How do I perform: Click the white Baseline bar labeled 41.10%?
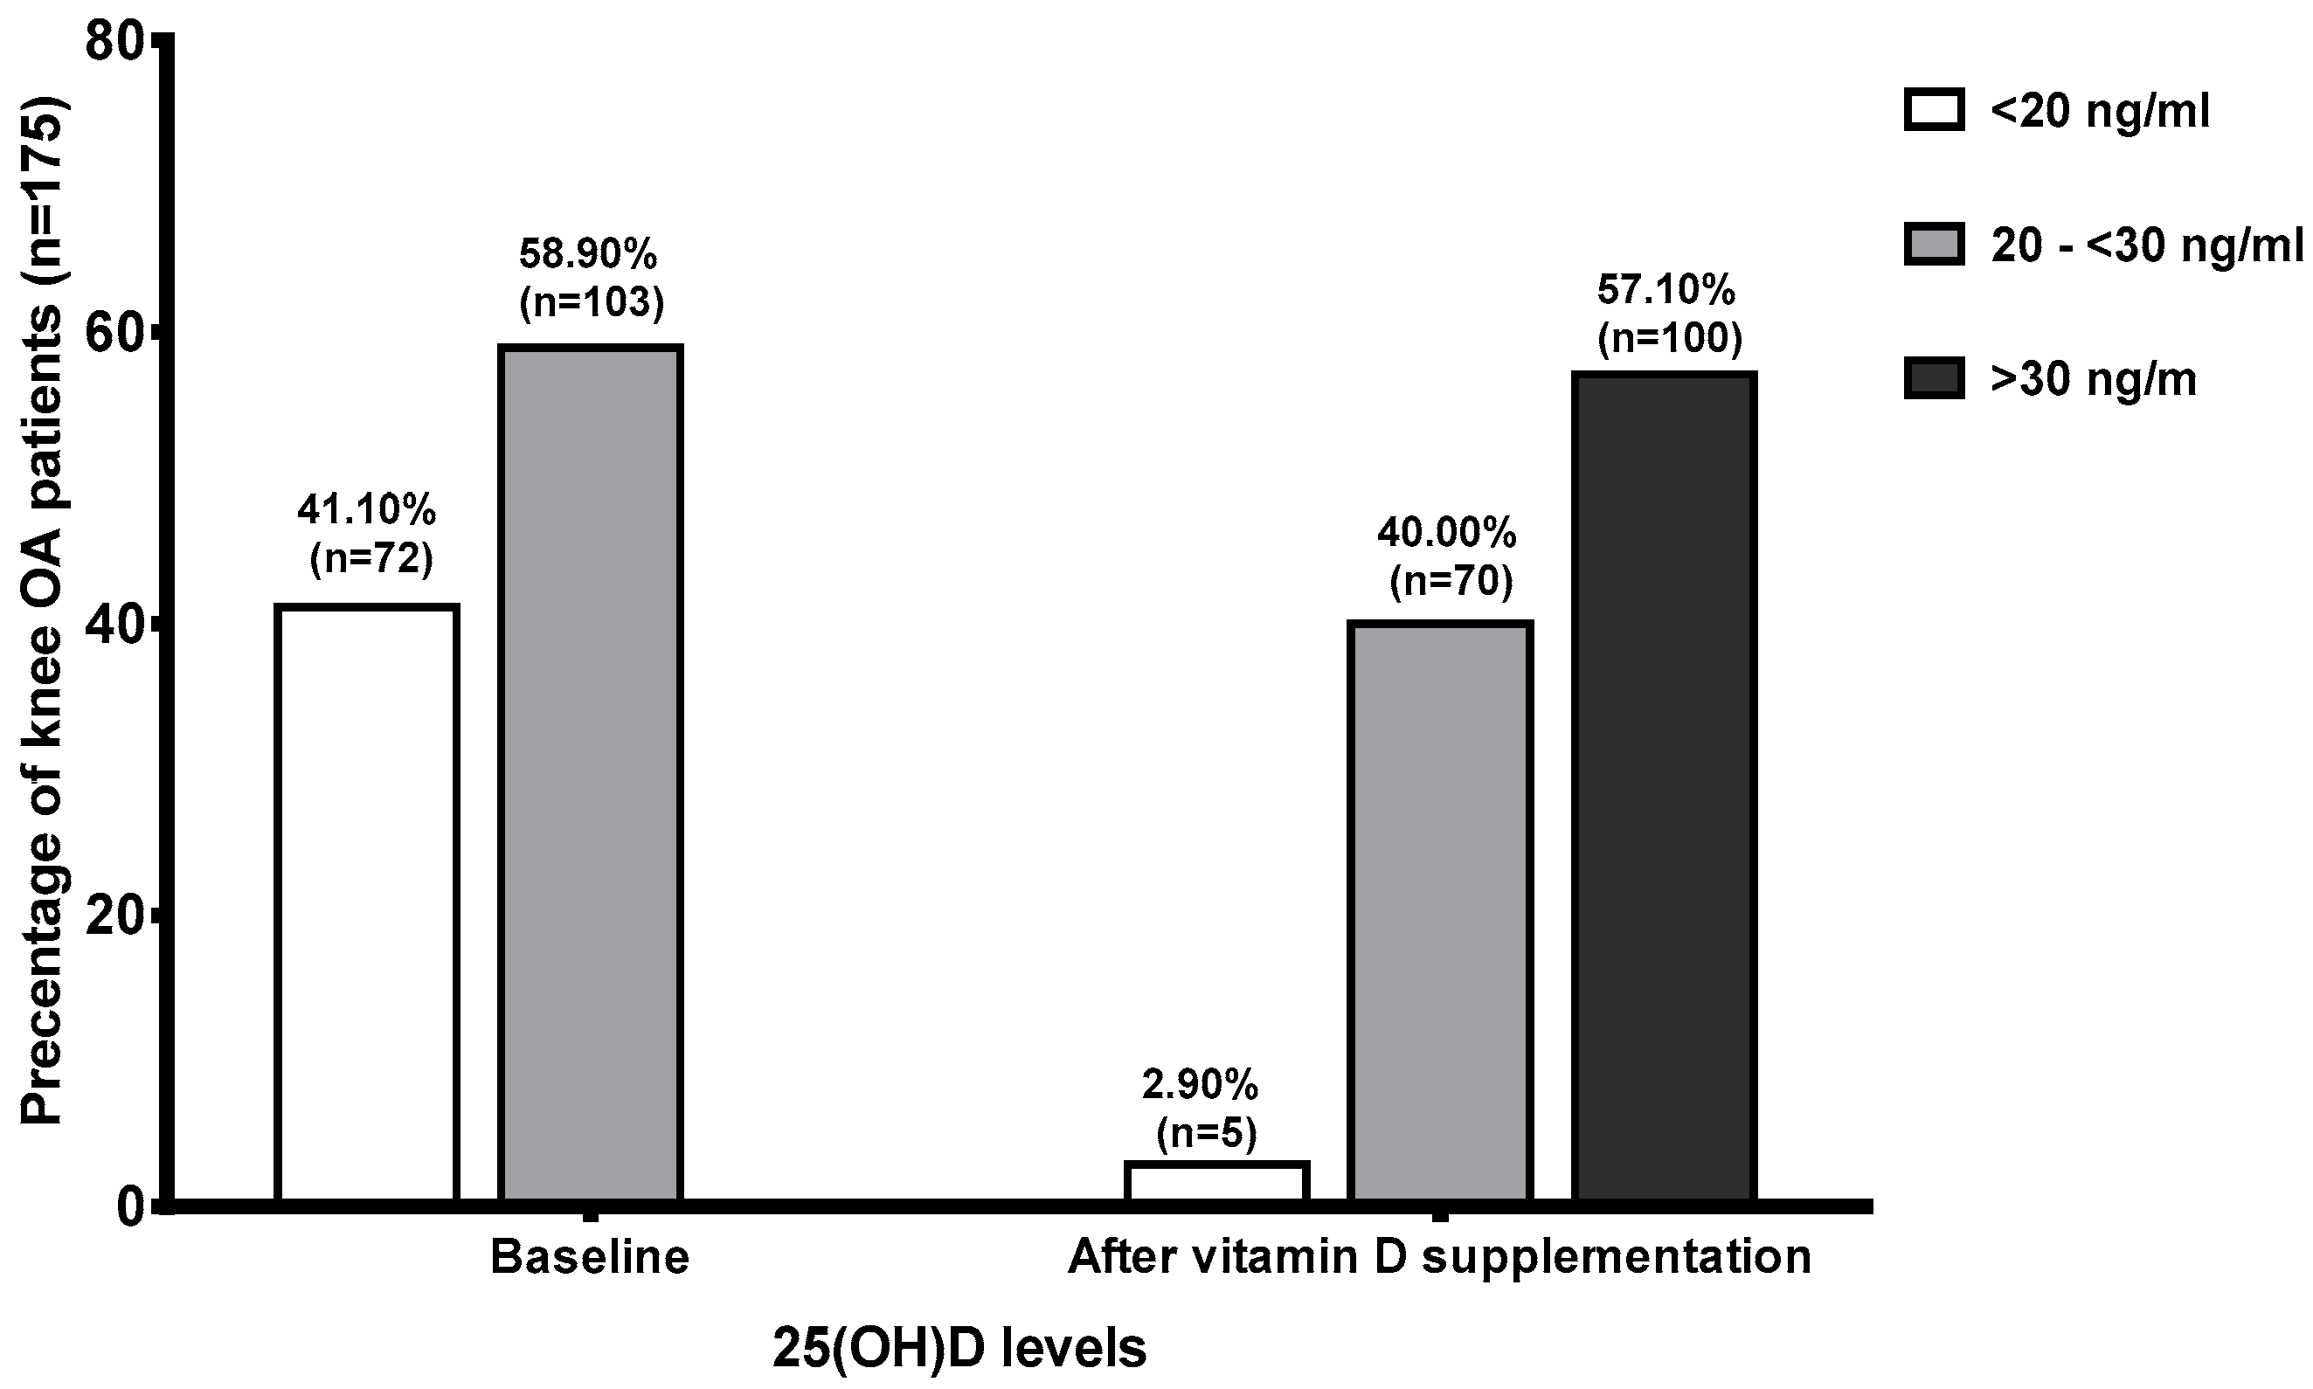tap(367, 903)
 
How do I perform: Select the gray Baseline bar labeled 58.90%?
tap(590, 773)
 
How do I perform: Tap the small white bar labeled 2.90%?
tap(1217, 1181)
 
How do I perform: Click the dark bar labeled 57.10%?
tap(1664, 786)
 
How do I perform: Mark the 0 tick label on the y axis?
tap(131, 1207)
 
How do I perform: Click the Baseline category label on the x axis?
tap(590, 1257)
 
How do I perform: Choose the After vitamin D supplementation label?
tap(1440, 1257)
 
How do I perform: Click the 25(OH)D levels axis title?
tap(959, 1349)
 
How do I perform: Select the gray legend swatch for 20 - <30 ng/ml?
tap(1934, 245)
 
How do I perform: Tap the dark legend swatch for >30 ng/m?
tap(1934, 380)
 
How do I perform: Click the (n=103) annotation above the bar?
tap(591, 302)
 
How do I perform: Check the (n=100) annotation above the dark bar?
tap(1669, 339)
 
